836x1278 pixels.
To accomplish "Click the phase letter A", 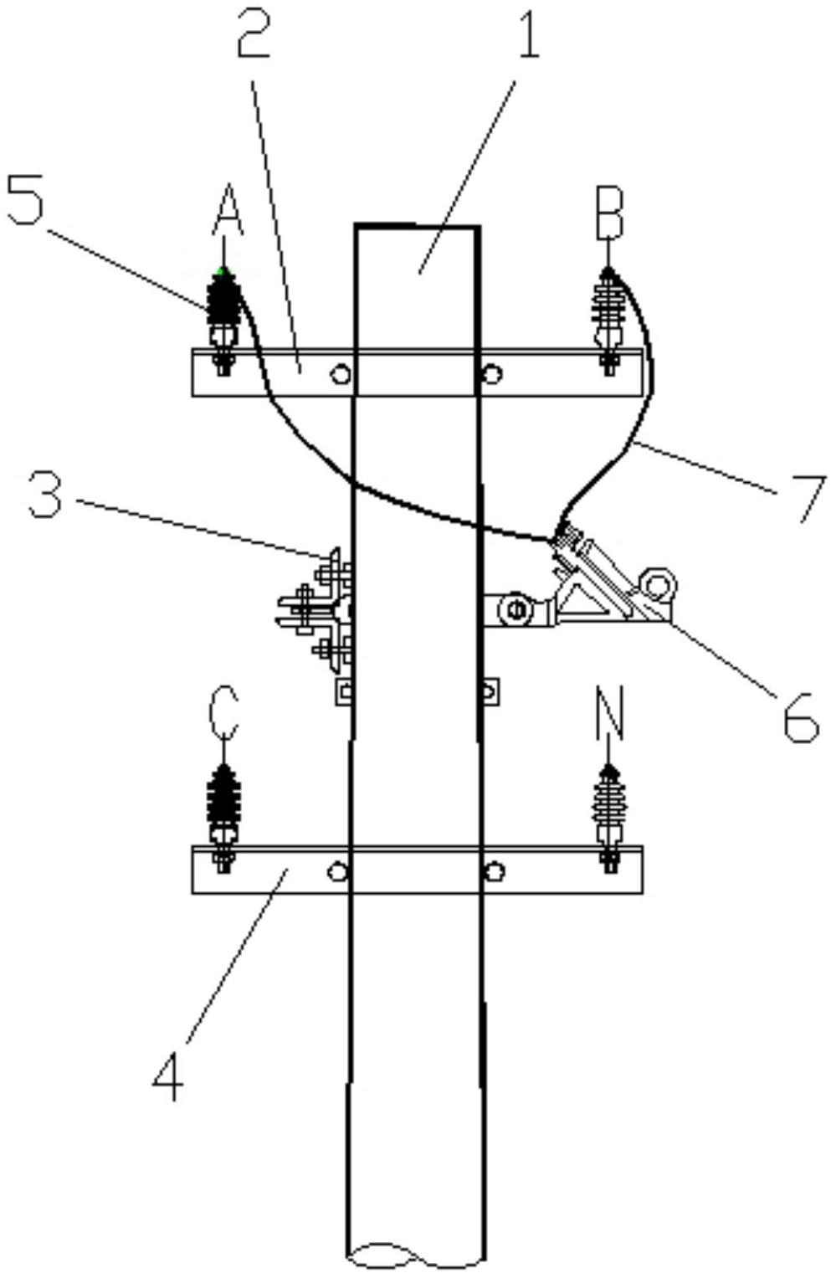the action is click(x=228, y=209).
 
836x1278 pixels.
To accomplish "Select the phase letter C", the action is click(x=223, y=713).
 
